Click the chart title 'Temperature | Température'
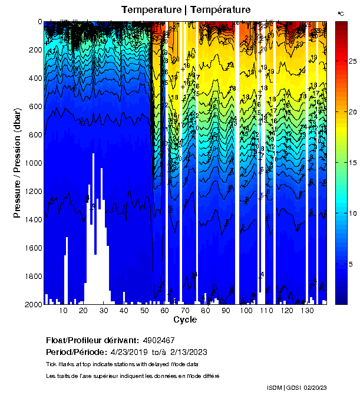point(186,9)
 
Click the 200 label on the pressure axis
point(34,50)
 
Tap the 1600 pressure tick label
point(32,248)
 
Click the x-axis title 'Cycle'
point(185,320)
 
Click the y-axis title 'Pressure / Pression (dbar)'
point(18,162)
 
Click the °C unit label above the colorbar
point(341,12)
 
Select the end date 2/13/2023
point(188,352)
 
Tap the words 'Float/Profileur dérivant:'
point(92,340)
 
